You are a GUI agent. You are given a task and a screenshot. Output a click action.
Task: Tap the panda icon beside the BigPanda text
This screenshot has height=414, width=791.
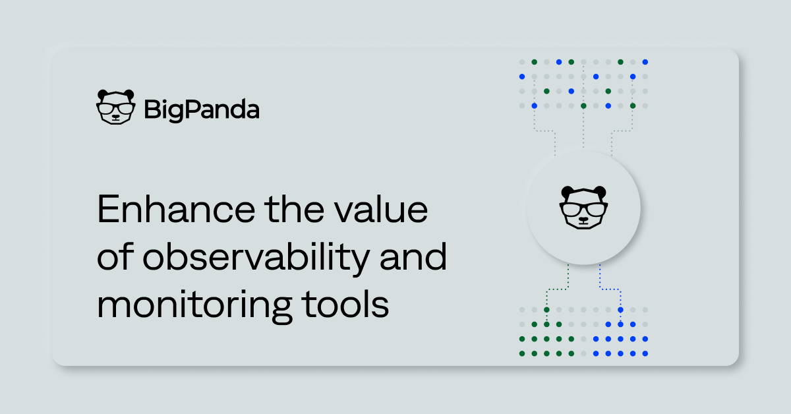click(116, 107)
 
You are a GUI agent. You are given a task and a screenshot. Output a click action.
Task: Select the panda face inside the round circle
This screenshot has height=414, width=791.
click(583, 208)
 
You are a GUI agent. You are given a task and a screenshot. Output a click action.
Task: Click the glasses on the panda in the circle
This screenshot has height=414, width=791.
click(583, 210)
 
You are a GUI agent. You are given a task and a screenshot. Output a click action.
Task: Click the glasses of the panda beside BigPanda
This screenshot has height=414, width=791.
click(116, 108)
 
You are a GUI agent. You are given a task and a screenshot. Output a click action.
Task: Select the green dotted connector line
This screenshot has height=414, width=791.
click(557, 289)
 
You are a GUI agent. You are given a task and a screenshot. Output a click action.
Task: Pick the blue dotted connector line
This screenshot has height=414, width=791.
click(610, 289)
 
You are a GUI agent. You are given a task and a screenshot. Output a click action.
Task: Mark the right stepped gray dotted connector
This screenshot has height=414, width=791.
click(622, 131)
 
